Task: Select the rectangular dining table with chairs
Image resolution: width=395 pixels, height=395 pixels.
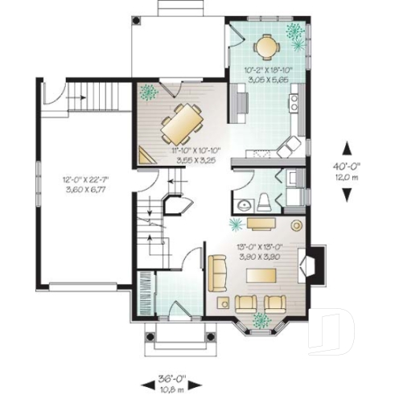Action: tap(181, 123)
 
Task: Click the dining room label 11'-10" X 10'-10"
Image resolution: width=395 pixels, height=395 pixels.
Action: tap(195, 150)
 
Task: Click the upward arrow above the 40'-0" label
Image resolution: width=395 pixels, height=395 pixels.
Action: tap(347, 148)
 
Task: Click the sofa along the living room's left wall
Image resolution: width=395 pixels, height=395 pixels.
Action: tap(217, 273)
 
